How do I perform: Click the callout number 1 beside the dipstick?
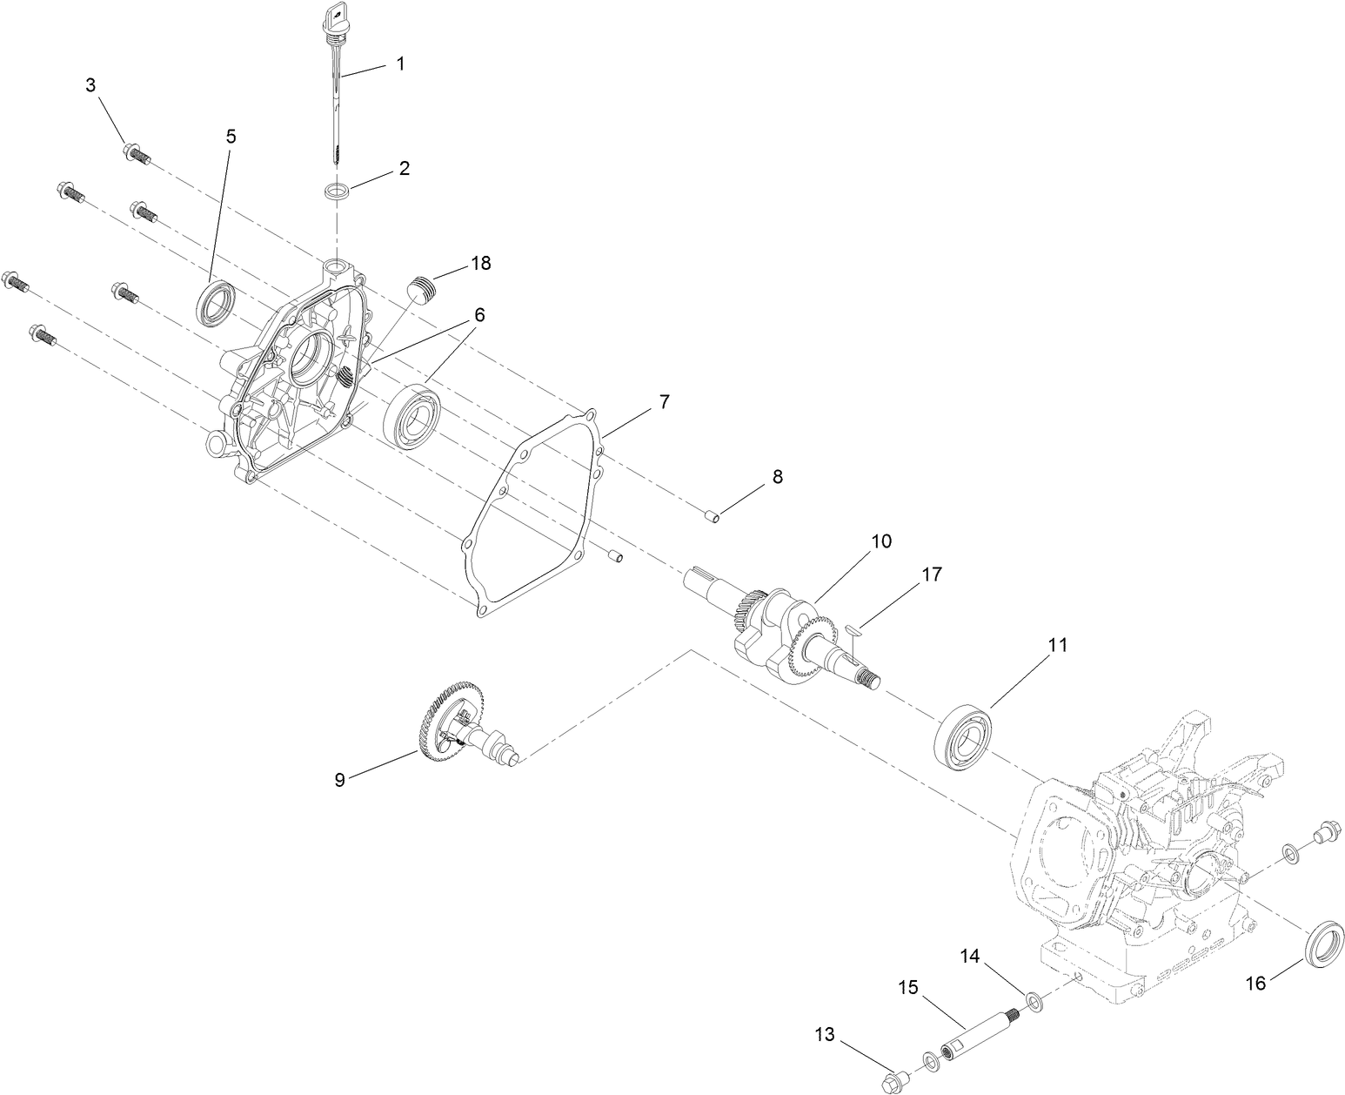[400, 64]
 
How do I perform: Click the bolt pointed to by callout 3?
[137, 153]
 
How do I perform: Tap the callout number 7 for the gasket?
[664, 402]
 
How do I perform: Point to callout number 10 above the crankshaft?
[881, 541]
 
